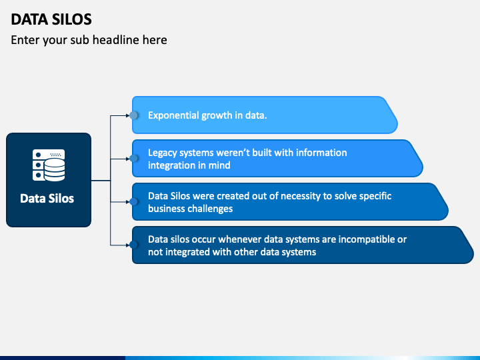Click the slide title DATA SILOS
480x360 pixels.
(51, 19)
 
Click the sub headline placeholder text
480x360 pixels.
(89, 40)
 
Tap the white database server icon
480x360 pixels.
(49, 165)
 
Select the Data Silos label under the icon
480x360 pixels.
(47, 199)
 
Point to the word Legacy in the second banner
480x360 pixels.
(162, 153)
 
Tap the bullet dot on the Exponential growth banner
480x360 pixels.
(133, 115)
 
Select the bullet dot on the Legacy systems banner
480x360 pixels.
(133, 158)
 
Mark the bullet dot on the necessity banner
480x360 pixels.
(133, 201)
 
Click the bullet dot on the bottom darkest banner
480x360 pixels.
(133, 245)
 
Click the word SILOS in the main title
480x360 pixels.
(71, 19)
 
